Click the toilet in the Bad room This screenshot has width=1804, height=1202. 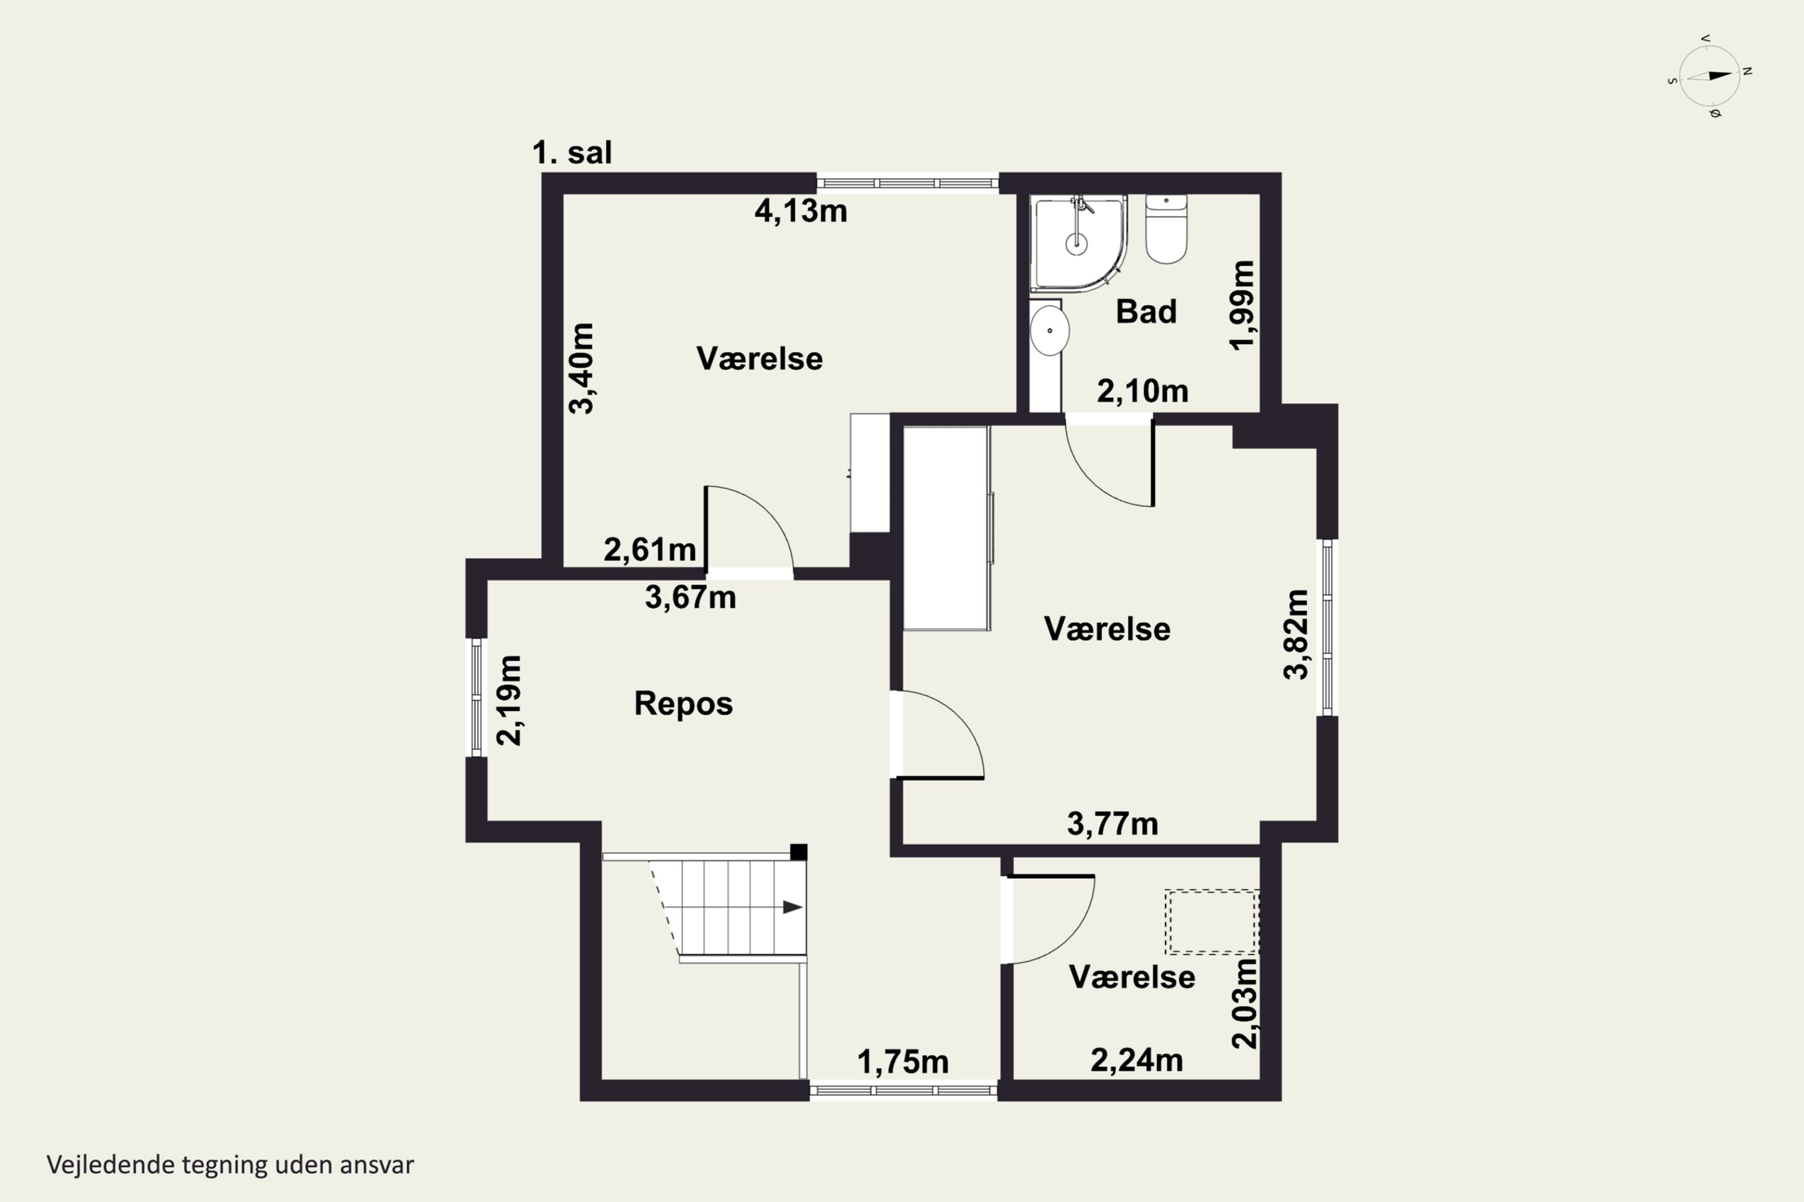pos(1166,228)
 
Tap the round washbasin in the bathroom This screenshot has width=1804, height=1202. pos(1049,331)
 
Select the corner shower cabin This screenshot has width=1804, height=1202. pos(1078,243)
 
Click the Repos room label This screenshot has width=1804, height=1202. pos(683,704)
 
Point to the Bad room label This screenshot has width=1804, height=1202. pos(1146,311)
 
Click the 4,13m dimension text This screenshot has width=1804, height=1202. pos(801,211)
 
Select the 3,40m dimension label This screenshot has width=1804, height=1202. pos(581,369)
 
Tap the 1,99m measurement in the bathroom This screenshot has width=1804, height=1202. pos(1242,305)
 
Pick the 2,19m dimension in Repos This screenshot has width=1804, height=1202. pos(509,700)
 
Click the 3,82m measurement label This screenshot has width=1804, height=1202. pos(1296,634)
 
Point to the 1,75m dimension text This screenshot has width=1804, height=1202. pos(903,1063)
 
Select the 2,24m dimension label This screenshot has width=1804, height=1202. pos(1137,1060)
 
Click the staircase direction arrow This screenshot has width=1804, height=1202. pos(793,908)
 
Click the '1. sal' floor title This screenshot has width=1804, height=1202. pos(572,153)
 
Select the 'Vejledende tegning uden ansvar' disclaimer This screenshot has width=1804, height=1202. pos(230,1165)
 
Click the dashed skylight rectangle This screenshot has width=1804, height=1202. pos(1212,921)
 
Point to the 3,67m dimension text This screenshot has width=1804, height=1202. pos(690,597)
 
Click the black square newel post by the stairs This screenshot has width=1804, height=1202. pos(799,852)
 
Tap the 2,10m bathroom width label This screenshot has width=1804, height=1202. pos(1143,392)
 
